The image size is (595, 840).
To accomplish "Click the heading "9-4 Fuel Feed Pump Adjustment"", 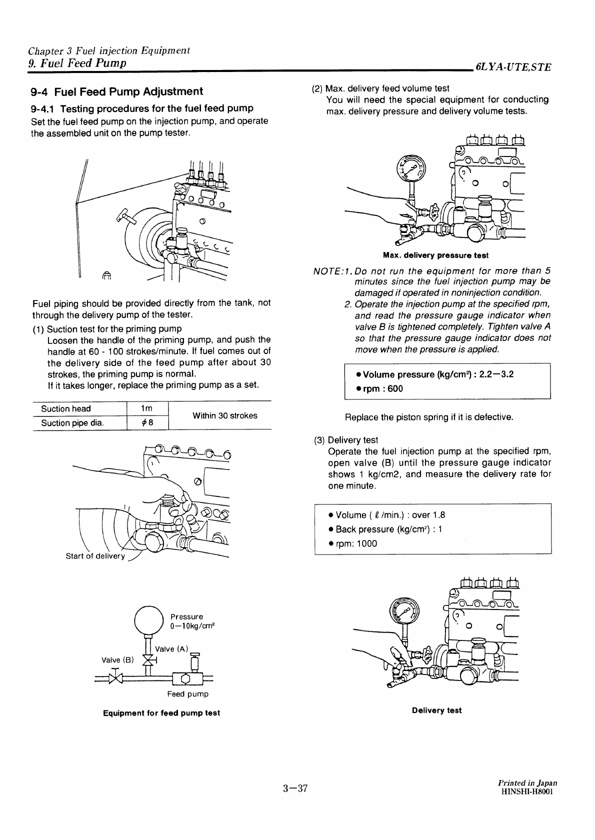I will coord(116,91).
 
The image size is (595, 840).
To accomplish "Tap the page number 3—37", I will coord(294,789).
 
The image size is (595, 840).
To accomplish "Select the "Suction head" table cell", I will coord(66,408).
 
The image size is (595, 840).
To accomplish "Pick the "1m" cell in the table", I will coord(147,408).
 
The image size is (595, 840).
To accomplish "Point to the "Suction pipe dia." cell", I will coord(72,423).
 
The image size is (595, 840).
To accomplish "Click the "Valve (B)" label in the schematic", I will coord(118,660).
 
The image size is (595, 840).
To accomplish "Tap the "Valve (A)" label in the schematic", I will coord(172,649).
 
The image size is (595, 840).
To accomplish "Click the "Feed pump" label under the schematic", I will coord(187,694).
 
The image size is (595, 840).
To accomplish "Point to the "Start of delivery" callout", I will coord(95,556).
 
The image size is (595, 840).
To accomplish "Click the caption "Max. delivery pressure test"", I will coord(435,255).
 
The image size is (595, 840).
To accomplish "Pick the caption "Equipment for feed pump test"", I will coord(161,713).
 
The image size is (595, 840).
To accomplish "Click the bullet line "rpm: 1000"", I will coord(353,543).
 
